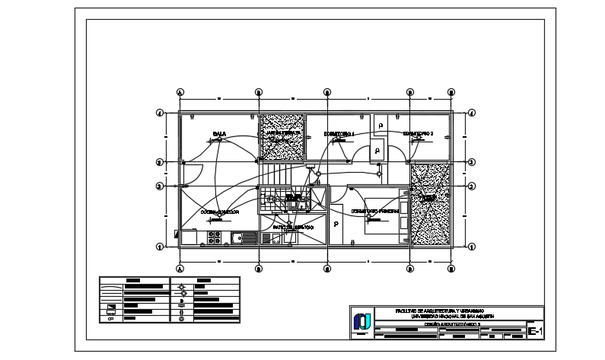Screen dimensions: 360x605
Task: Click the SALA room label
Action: [219, 133]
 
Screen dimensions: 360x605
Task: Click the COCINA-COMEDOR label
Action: [220, 212]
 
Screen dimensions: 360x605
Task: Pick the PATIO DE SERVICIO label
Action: [293, 227]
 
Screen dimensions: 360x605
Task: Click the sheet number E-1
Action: [535, 331]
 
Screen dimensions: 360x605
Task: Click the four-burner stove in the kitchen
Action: [215, 237]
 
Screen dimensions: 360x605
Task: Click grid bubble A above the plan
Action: [180, 92]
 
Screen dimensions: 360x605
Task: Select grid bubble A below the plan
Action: [180, 268]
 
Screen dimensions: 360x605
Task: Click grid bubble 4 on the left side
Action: [160, 113]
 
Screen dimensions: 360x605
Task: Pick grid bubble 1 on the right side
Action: [472, 246]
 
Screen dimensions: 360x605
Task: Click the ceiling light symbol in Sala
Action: [219, 139]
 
